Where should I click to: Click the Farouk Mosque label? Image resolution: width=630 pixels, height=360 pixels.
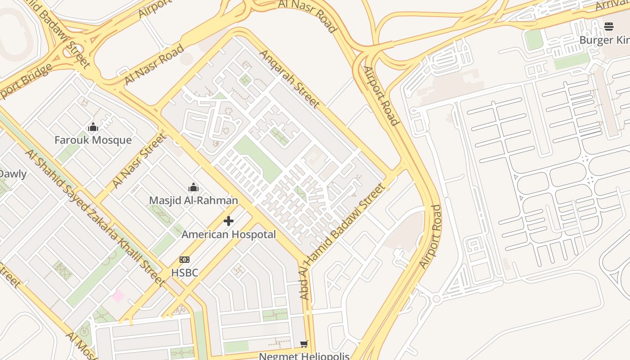pyautogui.click(x=93, y=140)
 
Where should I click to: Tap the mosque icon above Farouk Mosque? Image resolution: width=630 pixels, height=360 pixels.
pyautogui.click(x=93, y=127)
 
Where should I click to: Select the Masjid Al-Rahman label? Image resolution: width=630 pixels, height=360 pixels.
pyautogui.click(x=193, y=200)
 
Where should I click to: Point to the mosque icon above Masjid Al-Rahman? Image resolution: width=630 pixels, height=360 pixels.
pyautogui.click(x=193, y=187)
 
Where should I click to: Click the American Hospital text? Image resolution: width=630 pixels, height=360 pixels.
pyautogui.click(x=229, y=234)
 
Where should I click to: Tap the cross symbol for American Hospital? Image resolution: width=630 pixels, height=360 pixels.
pyautogui.click(x=229, y=221)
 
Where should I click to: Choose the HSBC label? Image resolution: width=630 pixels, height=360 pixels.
pyautogui.click(x=184, y=273)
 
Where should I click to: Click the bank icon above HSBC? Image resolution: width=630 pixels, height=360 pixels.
pyautogui.click(x=184, y=260)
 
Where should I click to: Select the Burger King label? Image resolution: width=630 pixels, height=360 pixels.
pyautogui.click(x=604, y=40)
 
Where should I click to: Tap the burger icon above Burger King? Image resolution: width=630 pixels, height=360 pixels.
pyautogui.click(x=609, y=27)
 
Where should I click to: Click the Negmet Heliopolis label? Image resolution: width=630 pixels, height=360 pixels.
pyautogui.click(x=304, y=356)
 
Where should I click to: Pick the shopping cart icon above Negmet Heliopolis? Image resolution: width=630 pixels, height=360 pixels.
pyautogui.click(x=304, y=344)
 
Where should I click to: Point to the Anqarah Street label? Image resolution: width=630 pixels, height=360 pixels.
pyautogui.click(x=290, y=79)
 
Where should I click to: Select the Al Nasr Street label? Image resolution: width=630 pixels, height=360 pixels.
pyautogui.click(x=139, y=160)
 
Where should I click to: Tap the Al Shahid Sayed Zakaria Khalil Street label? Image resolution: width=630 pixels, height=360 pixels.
pyautogui.click(x=95, y=217)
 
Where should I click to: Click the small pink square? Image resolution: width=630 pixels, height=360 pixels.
pyautogui.click(x=118, y=296)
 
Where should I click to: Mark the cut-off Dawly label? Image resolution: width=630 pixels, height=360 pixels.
pyautogui.click(x=13, y=174)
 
